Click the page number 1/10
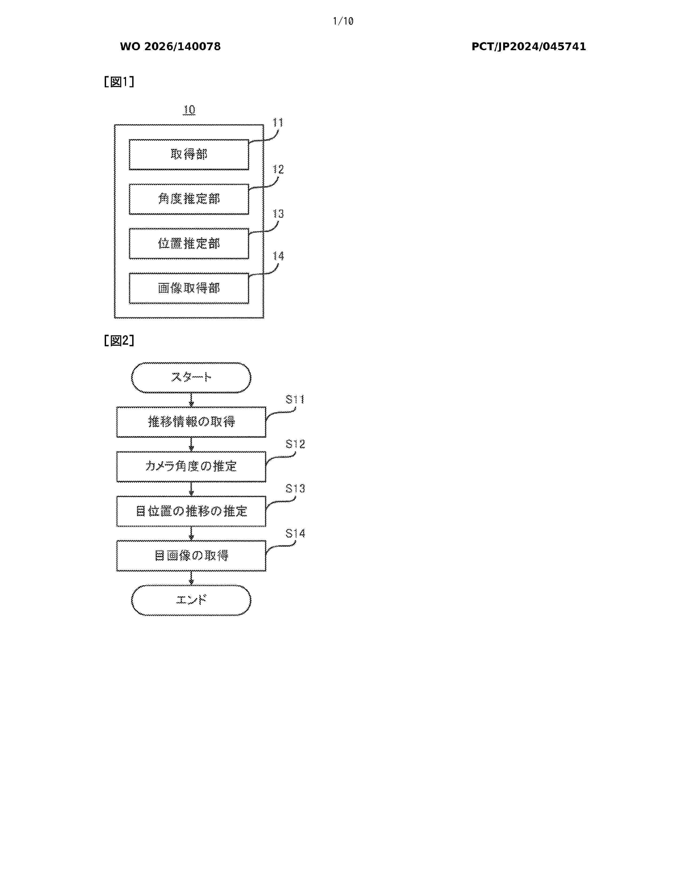click(343, 21)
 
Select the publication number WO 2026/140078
click(170, 47)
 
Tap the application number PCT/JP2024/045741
click(529, 47)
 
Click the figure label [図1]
click(119, 82)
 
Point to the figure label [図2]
click(119, 340)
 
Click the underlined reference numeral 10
click(189, 110)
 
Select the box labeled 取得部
click(189, 155)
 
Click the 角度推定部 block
click(189, 199)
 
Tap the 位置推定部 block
click(189, 244)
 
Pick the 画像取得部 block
click(189, 288)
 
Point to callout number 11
click(278, 122)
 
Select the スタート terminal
click(191, 377)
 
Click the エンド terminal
click(191, 600)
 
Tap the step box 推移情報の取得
click(191, 422)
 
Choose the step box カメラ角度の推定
click(191, 467)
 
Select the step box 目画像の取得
click(191, 556)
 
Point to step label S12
click(295, 444)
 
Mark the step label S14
click(295, 533)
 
